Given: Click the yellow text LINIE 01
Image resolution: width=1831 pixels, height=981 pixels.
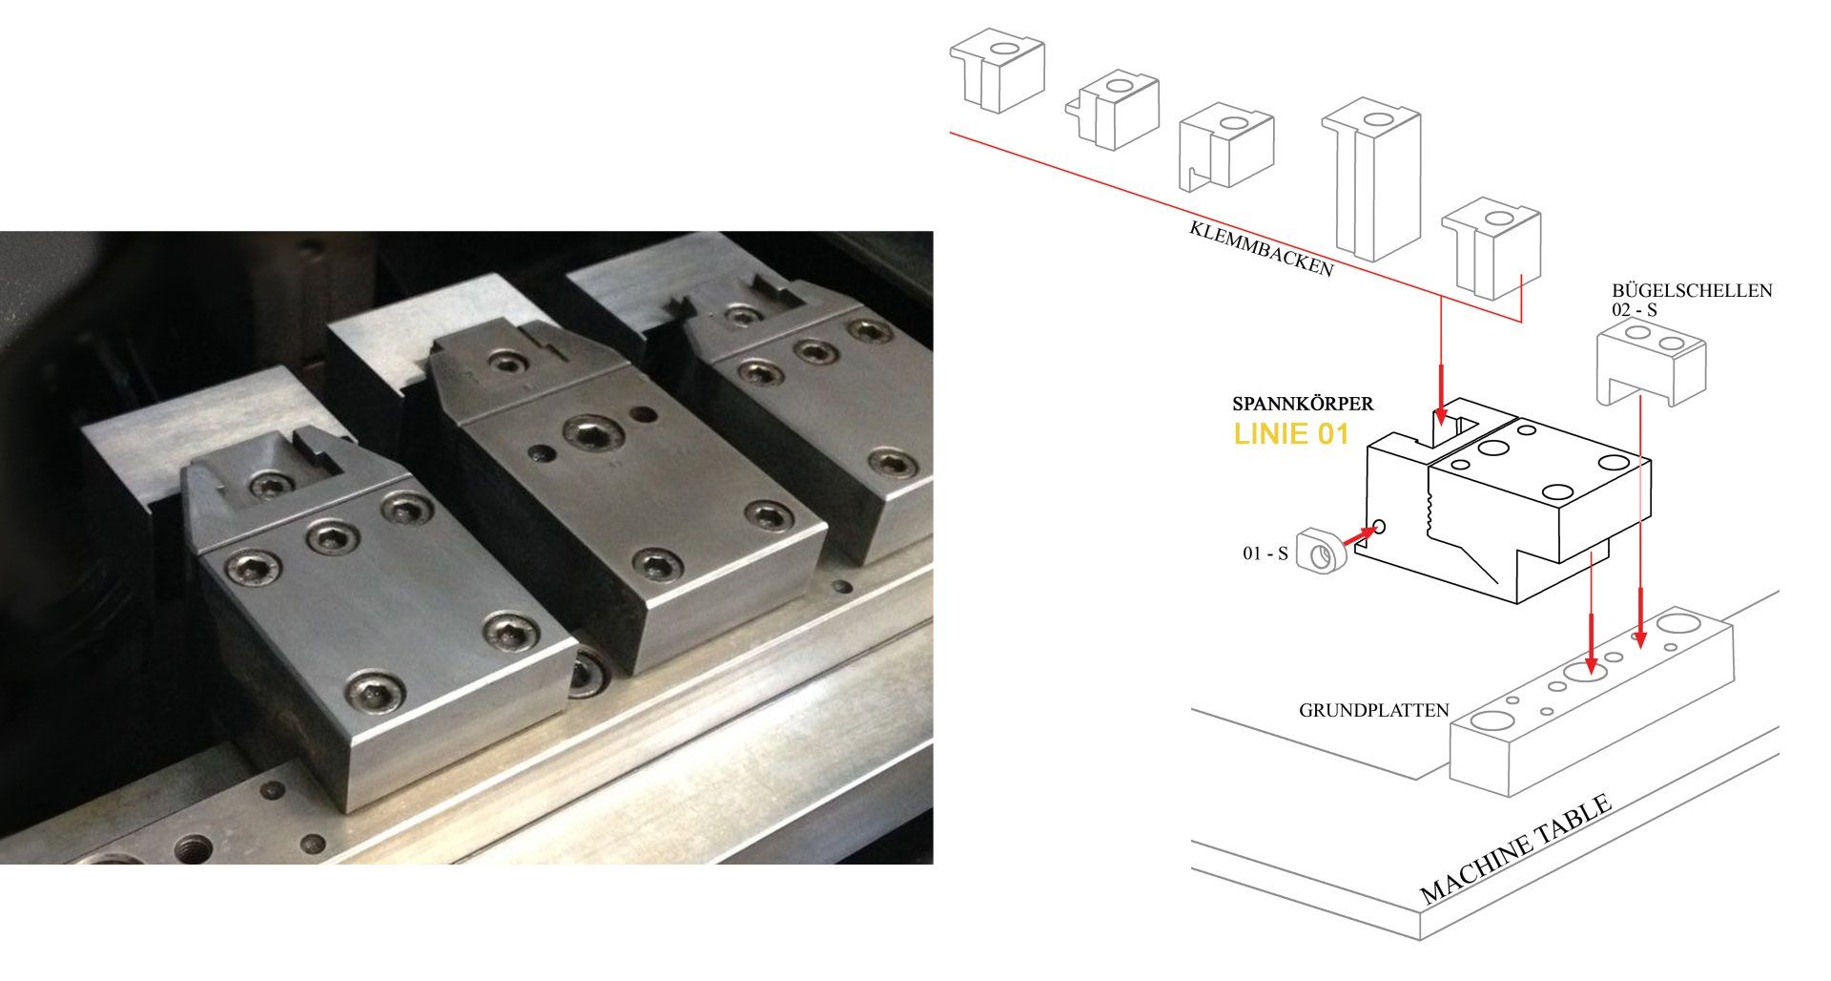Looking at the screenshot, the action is (1291, 434).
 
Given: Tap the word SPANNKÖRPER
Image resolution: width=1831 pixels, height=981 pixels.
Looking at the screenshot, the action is (1303, 405).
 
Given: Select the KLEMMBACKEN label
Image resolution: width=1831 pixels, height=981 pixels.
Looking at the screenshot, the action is (1260, 249).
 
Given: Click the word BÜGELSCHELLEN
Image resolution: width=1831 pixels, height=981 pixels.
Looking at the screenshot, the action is (1692, 290).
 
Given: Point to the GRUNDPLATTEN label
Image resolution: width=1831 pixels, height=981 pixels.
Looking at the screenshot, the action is (1374, 710).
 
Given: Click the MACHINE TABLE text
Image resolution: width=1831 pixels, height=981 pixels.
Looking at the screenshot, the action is (1516, 848).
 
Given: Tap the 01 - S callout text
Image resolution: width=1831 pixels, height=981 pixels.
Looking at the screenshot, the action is (1265, 553).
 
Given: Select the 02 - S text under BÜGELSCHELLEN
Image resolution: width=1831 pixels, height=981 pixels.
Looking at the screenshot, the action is (1634, 310).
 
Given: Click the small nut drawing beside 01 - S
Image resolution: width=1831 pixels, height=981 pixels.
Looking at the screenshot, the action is (1319, 553).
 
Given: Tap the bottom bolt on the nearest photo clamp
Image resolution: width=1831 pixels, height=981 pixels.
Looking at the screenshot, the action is (373, 692).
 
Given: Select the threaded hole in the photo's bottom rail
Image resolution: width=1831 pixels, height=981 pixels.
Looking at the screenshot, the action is (195, 846).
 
